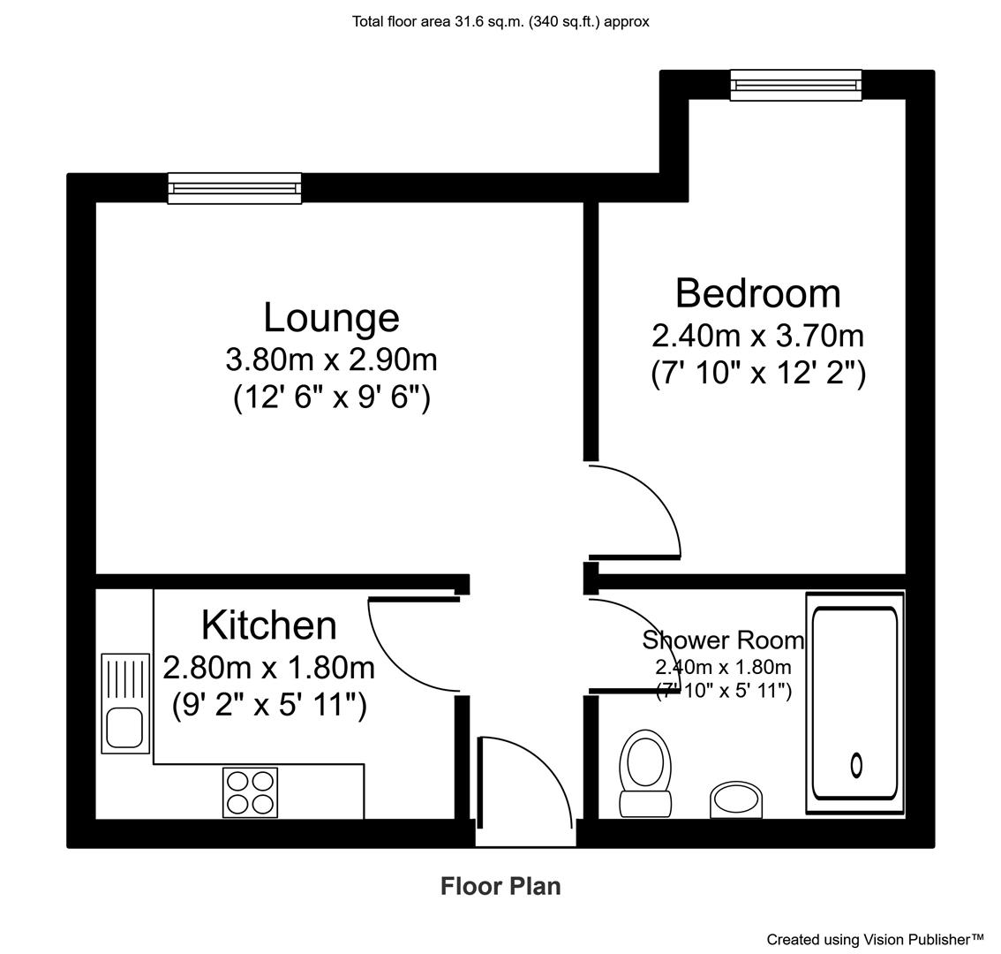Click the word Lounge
[x=331, y=318]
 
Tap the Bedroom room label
[x=757, y=293]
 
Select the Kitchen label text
[x=268, y=625]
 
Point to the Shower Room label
[x=723, y=640]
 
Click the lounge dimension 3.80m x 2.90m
[x=331, y=360]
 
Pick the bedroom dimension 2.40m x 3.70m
[x=757, y=336]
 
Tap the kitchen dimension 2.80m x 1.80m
[x=268, y=668]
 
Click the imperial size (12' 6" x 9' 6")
[x=332, y=397]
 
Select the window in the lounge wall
[x=234, y=188]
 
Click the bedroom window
[x=796, y=85]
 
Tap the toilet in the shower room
[x=645, y=773]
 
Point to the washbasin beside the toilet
[x=736, y=799]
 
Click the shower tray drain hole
[x=857, y=765]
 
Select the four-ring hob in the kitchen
[x=251, y=792]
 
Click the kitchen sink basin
[x=124, y=728]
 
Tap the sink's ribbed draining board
[x=124, y=678]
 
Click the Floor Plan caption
[x=500, y=886]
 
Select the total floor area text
[x=500, y=22]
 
